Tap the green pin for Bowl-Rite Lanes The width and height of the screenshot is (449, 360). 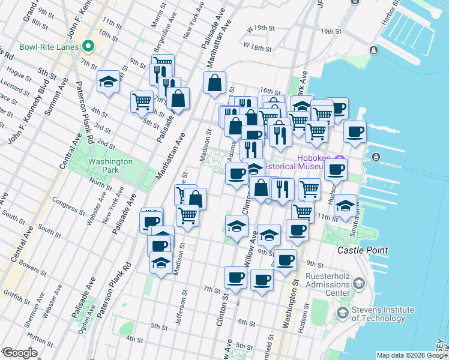coord(89,46)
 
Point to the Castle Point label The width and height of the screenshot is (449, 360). coord(362,250)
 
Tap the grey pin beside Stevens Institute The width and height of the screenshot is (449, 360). coord(342,313)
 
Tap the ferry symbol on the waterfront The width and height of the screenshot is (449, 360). coord(376,157)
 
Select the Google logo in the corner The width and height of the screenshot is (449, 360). coord(20,353)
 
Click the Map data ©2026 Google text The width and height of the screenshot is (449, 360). coord(411,355)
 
